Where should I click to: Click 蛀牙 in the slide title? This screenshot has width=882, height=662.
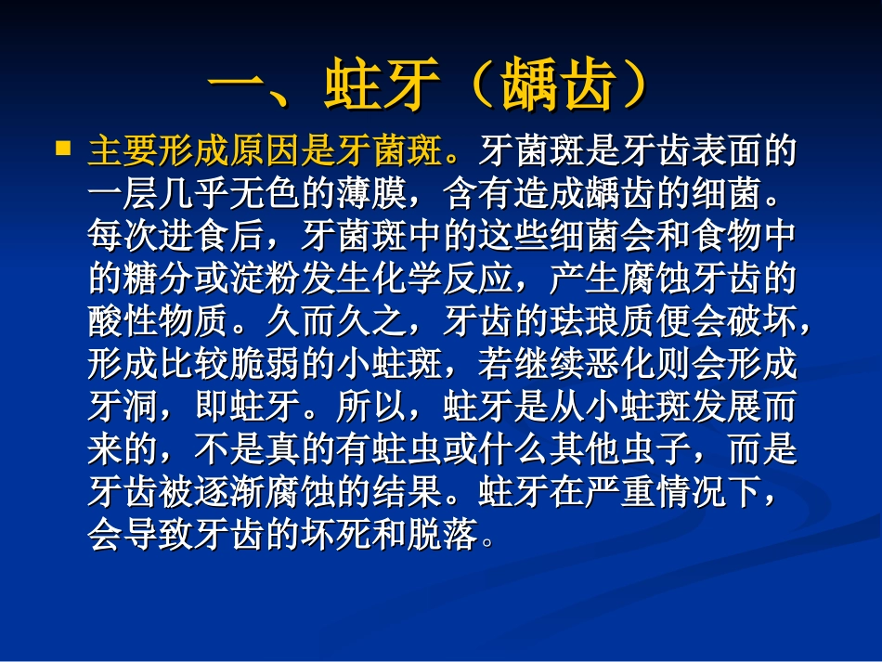click(x=382, y=87)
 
